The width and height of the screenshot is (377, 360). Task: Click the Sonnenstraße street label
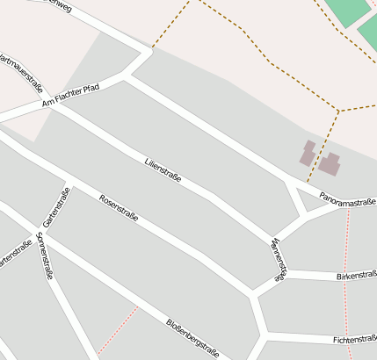coord(46,256)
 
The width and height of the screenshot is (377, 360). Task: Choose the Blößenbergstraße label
coord(196,337)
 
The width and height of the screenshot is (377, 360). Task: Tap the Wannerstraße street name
coord(279,259)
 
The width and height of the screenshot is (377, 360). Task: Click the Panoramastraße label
coord(348,199)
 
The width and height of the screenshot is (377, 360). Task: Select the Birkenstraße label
coord(356,277)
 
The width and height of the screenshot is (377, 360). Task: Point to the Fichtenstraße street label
coord(355,339)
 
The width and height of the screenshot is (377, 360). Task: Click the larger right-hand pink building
coord(330,163)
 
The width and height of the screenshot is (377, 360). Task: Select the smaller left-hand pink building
coord(308,153)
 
